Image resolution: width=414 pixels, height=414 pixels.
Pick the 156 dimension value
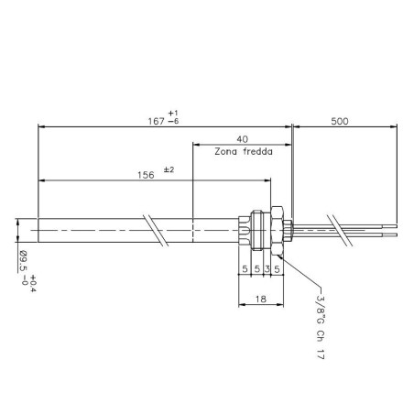point(144,175)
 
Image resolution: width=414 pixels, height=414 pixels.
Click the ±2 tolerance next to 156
point(169,170)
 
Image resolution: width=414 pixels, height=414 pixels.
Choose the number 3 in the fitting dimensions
point(267,269)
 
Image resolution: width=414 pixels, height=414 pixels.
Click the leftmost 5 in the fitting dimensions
point(245,269)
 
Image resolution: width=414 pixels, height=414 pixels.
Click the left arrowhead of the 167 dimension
point(39,125)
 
